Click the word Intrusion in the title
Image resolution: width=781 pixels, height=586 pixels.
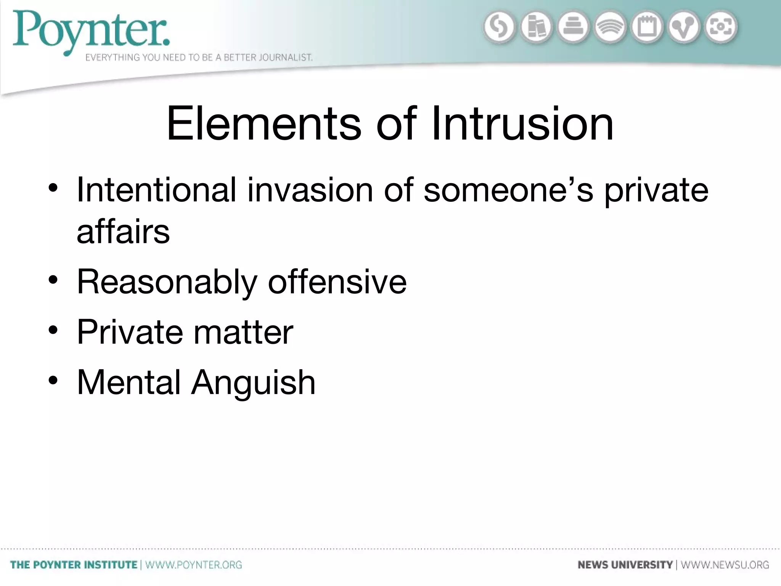coord(522,124)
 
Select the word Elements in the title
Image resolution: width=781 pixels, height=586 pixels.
coord(264,124)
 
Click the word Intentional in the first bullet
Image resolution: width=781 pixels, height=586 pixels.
coord(156,190)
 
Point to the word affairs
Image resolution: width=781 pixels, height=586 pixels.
coord(123,232)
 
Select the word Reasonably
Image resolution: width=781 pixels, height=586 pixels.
coord(167,282)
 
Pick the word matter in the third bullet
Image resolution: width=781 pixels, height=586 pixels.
coord(243,332)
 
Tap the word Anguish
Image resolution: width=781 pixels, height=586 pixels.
coord(253,383)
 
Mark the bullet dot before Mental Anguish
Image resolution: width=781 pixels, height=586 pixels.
coord(53,380)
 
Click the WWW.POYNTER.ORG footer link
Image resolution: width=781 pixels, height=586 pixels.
coord(194,565)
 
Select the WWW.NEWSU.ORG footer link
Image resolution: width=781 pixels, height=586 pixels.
coord(725,565)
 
